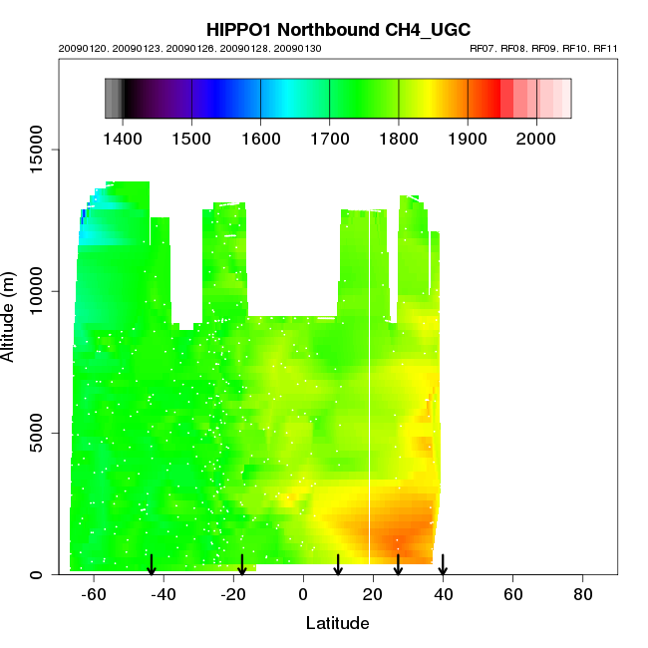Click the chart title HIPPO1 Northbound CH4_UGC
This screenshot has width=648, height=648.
tap(337, 30)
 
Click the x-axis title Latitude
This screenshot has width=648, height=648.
tap(337, 624)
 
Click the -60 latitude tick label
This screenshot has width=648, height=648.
tap(95, 595)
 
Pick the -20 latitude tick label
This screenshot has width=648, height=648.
tap(234, 595)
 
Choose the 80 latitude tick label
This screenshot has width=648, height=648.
tap(583, 595)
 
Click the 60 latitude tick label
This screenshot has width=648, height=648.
tap(513, 595)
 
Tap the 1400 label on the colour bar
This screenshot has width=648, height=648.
tap(123, 137)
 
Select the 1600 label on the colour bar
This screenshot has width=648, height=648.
tap(260, 137)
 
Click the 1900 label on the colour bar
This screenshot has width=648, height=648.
tap(468, 137)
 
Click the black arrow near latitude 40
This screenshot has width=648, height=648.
tap(443, 565)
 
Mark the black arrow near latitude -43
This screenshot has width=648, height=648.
tap(152, 565)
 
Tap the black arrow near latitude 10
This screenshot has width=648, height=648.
tap(338, 565)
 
